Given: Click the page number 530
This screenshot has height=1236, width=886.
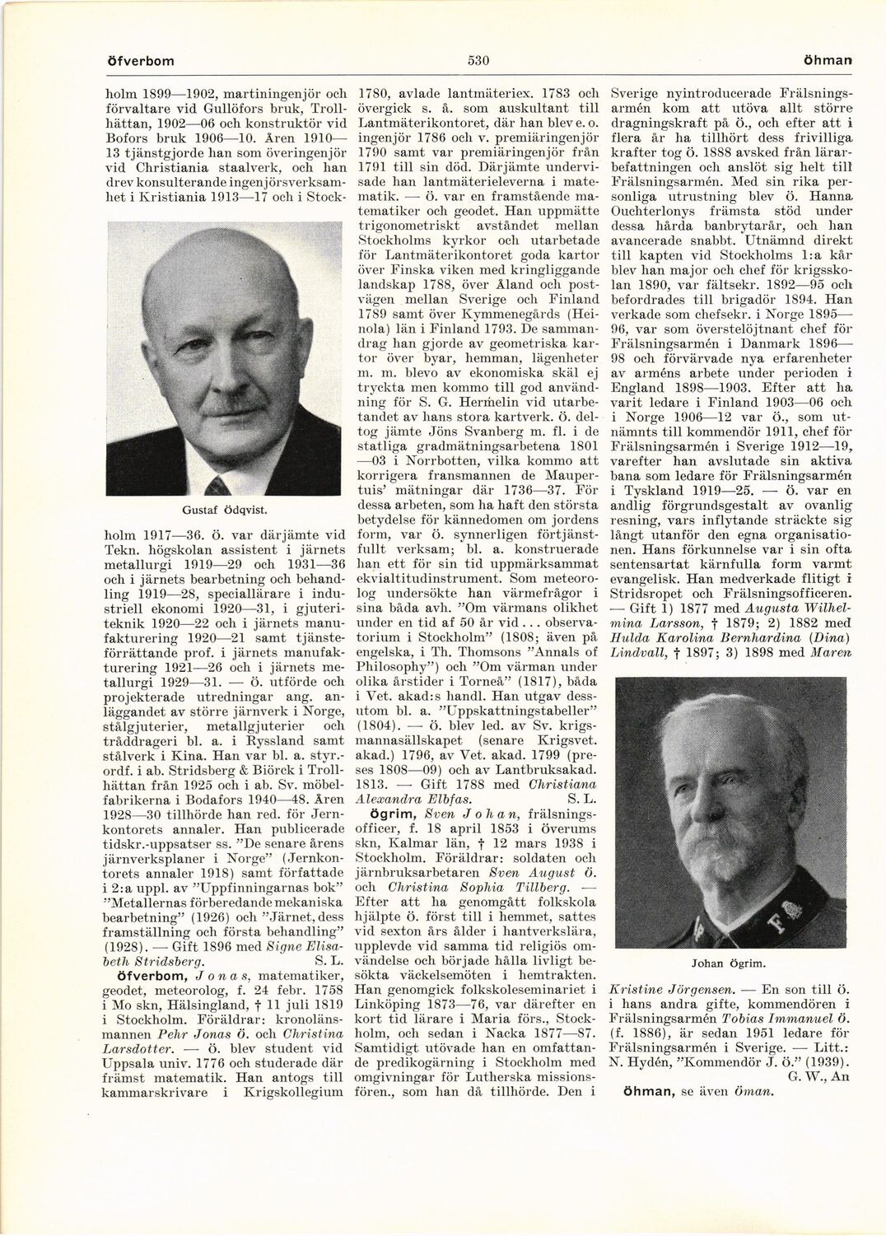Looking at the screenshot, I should click(x=479, y=60).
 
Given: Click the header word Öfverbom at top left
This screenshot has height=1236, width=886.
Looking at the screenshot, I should click(x=141, y=61).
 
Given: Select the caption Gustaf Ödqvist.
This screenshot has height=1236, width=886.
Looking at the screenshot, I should click(x=223, y=510).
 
